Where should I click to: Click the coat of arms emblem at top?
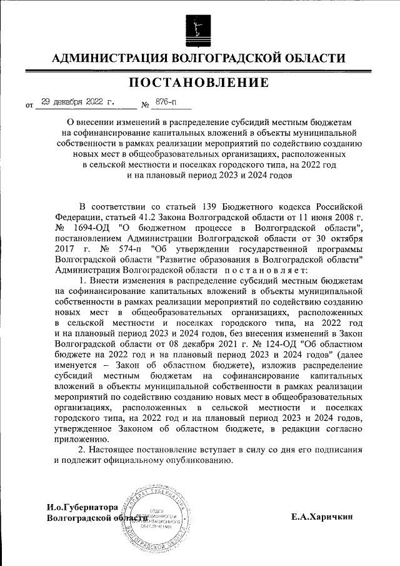pos(200,28)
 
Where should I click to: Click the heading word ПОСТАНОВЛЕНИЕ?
pos(200,83)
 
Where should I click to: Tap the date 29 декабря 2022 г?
pos(77,101)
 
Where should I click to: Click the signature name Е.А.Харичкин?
pos(322,517)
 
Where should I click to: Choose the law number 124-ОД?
pos(269,344)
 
